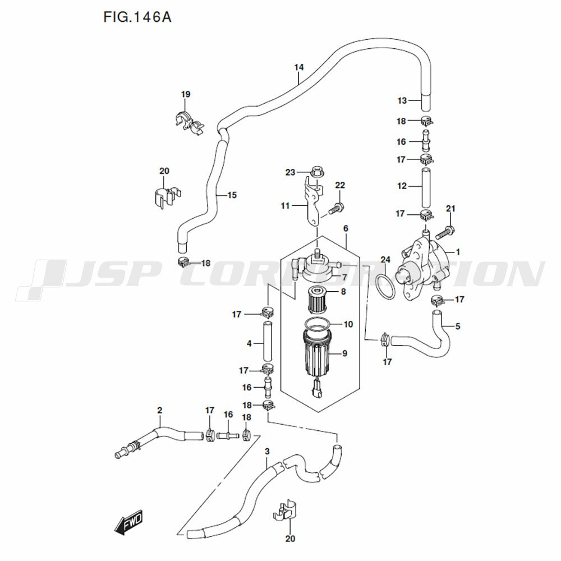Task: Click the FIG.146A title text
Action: pyautogui.click(x=138, y=17)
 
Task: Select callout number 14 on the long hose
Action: pyautogui.click(x=299, y=67)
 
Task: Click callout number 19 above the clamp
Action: pyautogui.click(x=185, y=94)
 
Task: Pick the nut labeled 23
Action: pyautogui.click(x=316, y=172)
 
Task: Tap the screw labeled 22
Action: pyautogui.click(x=336, y=208)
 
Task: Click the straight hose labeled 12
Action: pyautogui.click(x=425, y=187)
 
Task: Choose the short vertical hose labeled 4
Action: pyautogui.click(x=267, y=341)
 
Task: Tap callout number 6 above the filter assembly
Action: pyautogui.click(x=346, y=228)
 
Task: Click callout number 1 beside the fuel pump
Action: pyautogui.click(x=458, y=252)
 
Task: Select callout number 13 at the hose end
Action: pyautogui.click(x=402, y=100)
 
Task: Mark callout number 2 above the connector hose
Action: pyautogui.click(x=159, y=410)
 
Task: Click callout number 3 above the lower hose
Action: pyautogui.click(x=267, y=452)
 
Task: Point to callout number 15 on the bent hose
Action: pyautogui.click(x=232, y=195)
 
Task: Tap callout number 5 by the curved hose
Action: pyautogui.click(x=458, y=326)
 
